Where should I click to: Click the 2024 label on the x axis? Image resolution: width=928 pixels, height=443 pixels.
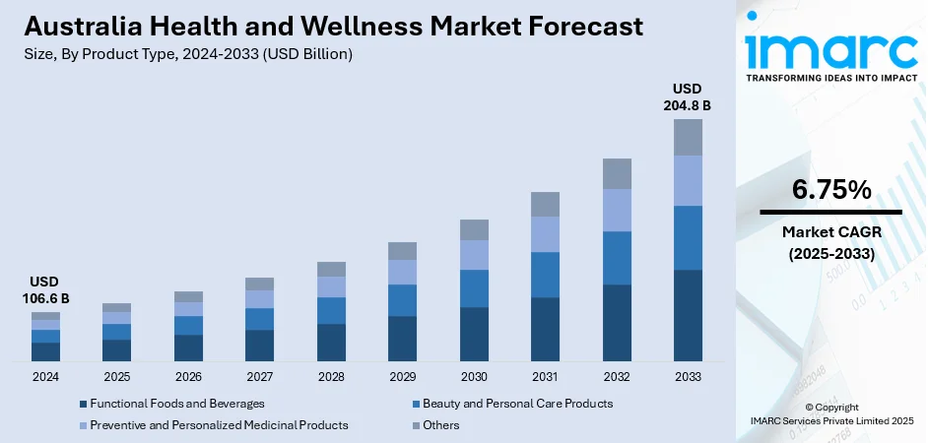click(x=45, y=377)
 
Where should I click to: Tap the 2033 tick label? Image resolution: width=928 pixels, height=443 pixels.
click(x=688, y=377)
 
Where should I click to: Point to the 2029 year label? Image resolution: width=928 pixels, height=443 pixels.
click(x=402, y=377)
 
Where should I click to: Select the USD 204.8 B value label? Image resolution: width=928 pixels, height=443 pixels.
click(x=688, y=96)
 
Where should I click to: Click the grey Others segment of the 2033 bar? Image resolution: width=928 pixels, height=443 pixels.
click(x=688, y=137)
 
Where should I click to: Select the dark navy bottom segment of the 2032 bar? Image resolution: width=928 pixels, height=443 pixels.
click(x=617, y=322)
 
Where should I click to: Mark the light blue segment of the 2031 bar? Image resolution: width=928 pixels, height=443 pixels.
click(x=545, y=234)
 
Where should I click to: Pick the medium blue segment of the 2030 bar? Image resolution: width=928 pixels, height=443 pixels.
click(x=474, y=288)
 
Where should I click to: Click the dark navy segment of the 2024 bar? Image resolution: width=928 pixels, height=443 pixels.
click(x=45, y=351)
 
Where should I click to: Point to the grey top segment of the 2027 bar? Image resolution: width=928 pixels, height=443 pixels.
click(x=260, y=284)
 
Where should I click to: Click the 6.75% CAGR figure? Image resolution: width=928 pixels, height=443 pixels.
click(x=830, y=190)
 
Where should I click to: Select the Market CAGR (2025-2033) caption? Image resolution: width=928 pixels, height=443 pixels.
click(x=830, y=242)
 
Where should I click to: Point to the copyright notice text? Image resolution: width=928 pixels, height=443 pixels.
click(x=830, y=414)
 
